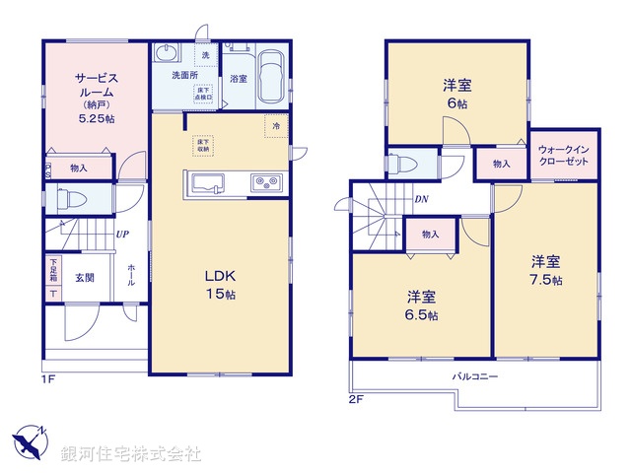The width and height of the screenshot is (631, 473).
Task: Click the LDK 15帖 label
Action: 219,283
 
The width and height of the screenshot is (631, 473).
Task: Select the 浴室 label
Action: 238,78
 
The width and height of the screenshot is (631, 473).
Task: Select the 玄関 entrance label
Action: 85,277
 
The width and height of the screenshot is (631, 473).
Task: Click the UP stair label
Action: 122,235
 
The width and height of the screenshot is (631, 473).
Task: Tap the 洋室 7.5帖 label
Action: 545,270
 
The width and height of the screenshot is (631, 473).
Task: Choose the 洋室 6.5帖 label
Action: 421,305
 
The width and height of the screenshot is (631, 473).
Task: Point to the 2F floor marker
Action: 355,401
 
